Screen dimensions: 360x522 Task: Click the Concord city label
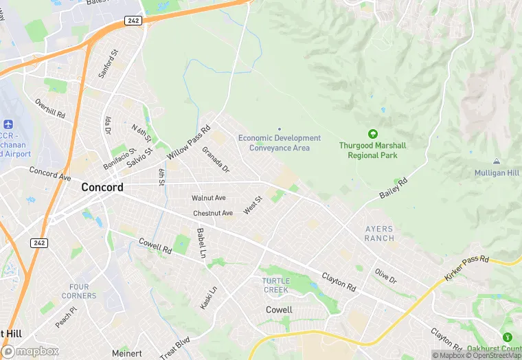[102, 187]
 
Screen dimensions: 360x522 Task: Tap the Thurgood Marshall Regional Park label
[372, 150]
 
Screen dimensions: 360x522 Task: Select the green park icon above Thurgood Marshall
[373, 133]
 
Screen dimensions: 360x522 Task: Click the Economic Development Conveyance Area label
[280, 143]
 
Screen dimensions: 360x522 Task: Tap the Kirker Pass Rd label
[466, 267]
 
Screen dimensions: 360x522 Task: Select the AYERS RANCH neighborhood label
[379, 234]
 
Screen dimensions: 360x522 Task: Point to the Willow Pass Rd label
[188, 142]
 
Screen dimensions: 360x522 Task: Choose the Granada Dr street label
[216, 159]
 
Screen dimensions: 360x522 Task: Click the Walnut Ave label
[209, 198]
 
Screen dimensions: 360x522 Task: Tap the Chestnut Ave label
[213, 213]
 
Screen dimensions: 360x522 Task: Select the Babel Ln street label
[201, 243]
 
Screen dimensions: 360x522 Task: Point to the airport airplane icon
[8, 125]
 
